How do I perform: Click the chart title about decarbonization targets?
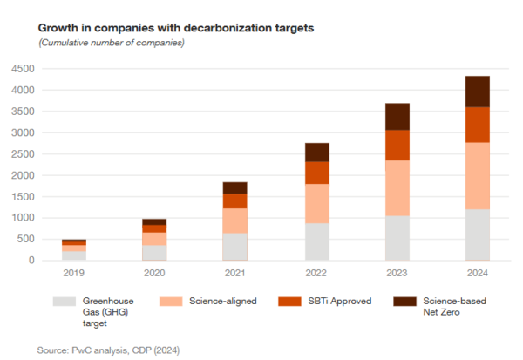[176, 28]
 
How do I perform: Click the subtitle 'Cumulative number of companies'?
[112, 43]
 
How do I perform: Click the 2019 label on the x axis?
[73, 273]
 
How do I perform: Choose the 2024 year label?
[477, 273]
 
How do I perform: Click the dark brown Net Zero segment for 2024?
[477, 92]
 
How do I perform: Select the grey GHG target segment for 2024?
[477, 234]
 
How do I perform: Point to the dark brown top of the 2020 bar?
[154, 222]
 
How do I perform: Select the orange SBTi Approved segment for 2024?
[477, 125]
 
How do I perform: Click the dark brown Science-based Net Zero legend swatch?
[404, 301]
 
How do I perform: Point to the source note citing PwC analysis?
[108, 350]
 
